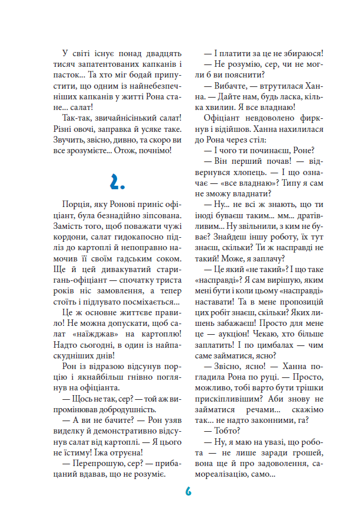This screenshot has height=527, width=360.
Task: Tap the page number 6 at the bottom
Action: click(188, 492)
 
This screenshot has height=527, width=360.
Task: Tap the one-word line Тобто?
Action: click(221, 434)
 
